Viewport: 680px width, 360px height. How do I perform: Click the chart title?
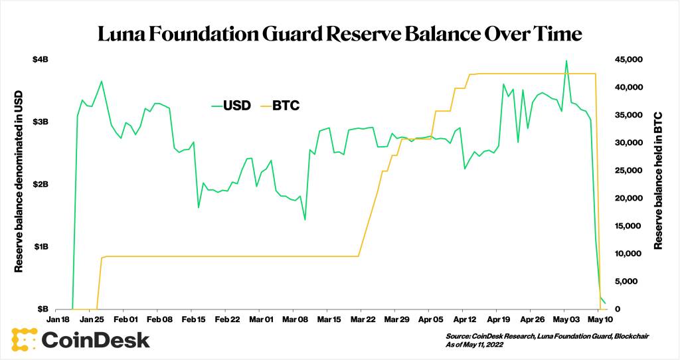tap(340, 34)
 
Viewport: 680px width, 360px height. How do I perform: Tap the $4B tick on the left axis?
tap(41, 60)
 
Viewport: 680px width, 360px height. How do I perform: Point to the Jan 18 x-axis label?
tap(57, 319)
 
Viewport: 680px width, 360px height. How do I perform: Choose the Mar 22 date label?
tap(362, 319)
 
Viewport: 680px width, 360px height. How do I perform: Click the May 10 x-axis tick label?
tap(599, 319)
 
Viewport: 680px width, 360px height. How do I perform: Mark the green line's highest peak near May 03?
tap(566, 61)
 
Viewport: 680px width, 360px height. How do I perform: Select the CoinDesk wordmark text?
tap(96, 339)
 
